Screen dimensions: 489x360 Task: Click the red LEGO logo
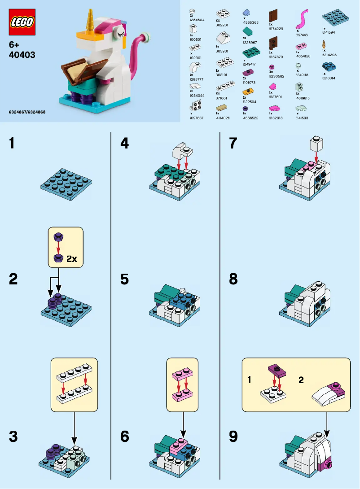[22, 22]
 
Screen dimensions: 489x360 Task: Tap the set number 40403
[22, 55]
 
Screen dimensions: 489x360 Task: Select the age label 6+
[15, 45]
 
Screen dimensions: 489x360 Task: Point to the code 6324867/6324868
[27, 112]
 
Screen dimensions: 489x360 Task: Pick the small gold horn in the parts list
[324, 44]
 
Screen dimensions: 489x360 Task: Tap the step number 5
[124, 279]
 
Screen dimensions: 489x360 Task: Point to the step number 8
[233, 279]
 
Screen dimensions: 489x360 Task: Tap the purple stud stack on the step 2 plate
[55, 299]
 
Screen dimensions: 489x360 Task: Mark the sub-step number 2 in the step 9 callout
[301, 380]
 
